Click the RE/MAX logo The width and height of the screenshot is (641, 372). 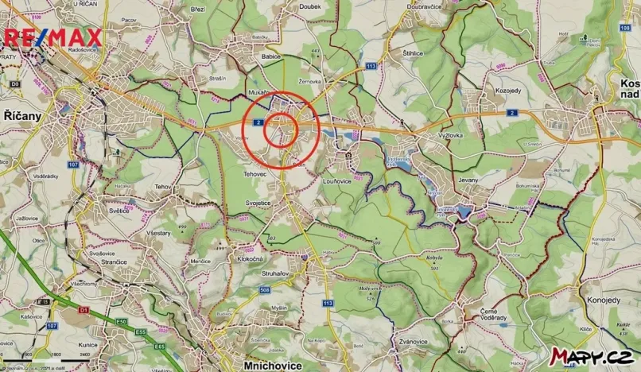53,37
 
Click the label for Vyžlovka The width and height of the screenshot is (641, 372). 450,135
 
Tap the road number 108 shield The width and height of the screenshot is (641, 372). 624,28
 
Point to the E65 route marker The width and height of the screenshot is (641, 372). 159,346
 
